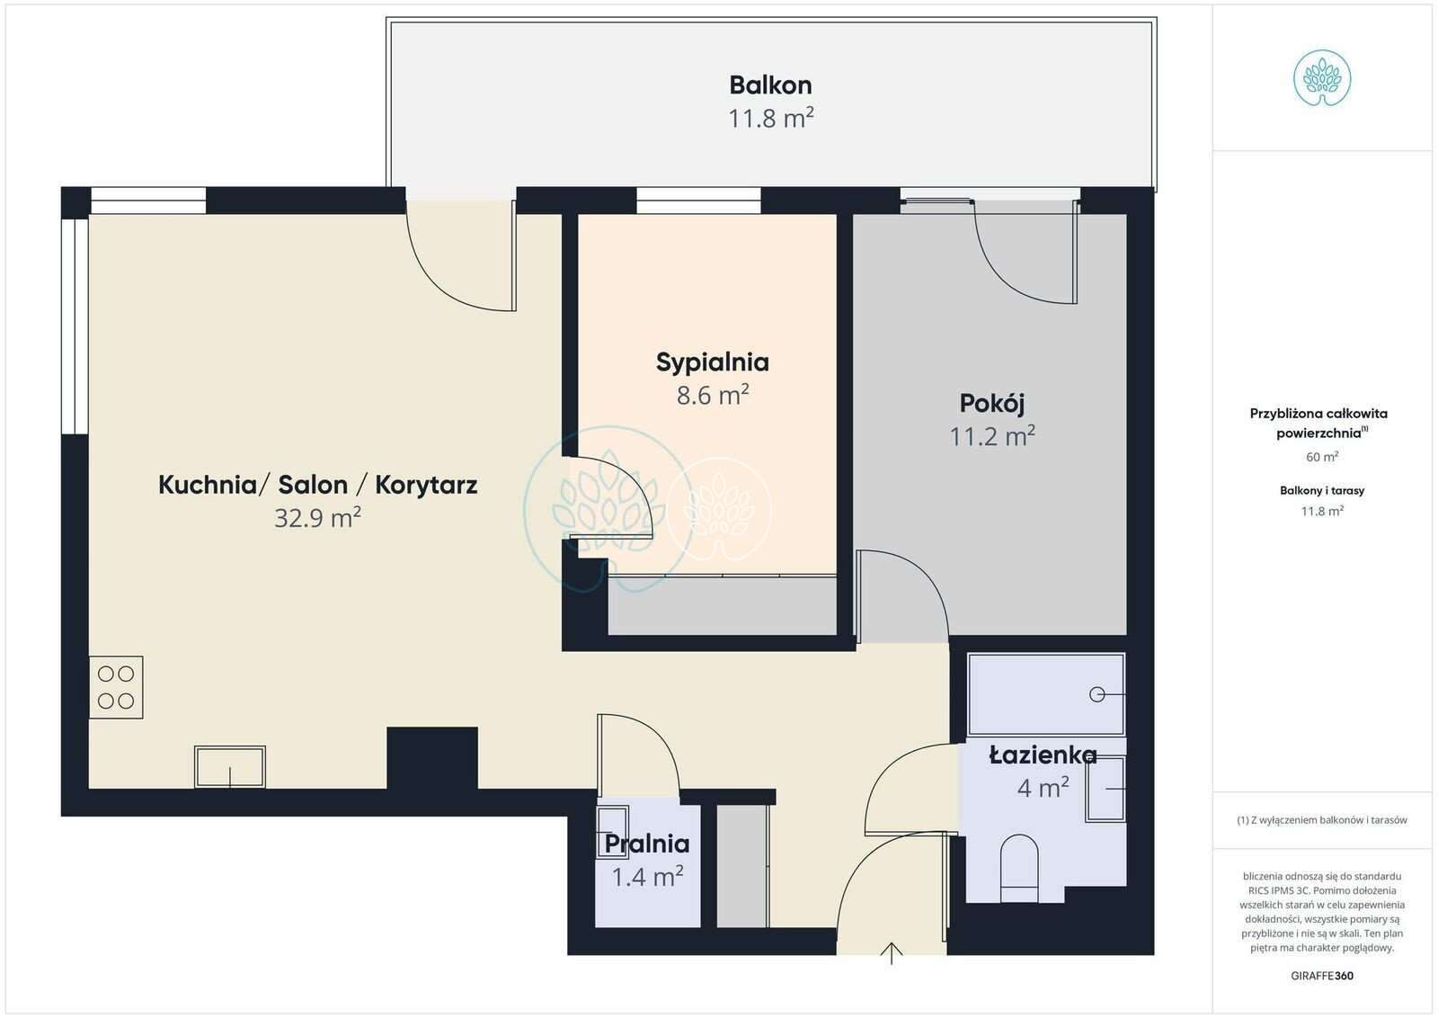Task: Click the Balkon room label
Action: pyautogui.click(x=770, y=85)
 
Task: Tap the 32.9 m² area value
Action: pyautogui.click(x=318, y=517)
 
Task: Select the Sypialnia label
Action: pyautogui.click(x=713, y=362)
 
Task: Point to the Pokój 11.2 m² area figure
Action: pyautogui.click(x=992, y=436)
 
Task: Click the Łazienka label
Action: pyautogui.click(x=1043, y=755)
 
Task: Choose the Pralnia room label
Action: pyautogui.click(x=647, y=844)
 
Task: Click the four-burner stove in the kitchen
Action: pyautogui.click(x=116, y=687)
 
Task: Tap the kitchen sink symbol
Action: pyautogui.click(x=230, y=766)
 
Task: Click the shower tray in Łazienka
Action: pyautogui.click(x=1046, y=694)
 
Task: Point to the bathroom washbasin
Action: pyautogui.click(x=1105, y=790)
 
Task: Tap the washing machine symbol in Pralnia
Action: pyautogui.click(x=612, y=832)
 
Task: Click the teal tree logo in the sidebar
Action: pyautogui.click(x=1322, y=78)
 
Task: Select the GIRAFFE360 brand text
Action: pyautogui.click(x=1322, y=976)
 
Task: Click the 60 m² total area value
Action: pyautogui.click(x=1322, y=457)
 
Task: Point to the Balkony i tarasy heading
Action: pyautogui.click(x=1322, y=491)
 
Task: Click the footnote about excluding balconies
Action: pyautogui.click(x=1322, y=820)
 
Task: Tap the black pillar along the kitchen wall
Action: pyautogui.click(x=432, y=758)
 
